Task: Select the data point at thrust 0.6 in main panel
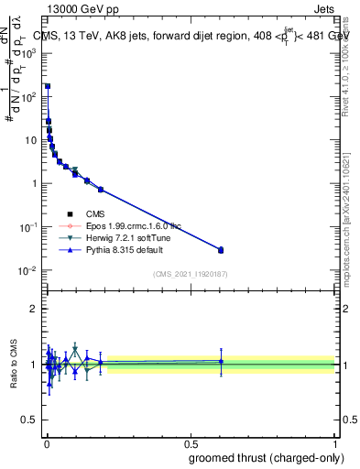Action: pyautogui.click(x=221, y=249)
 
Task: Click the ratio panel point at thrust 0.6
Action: pyautogui.click(x=221, y=362)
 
